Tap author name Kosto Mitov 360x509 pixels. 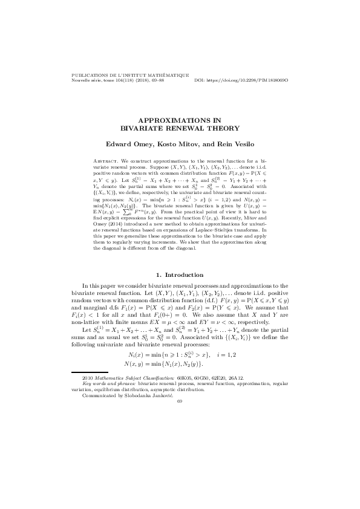tap(178, 144)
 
